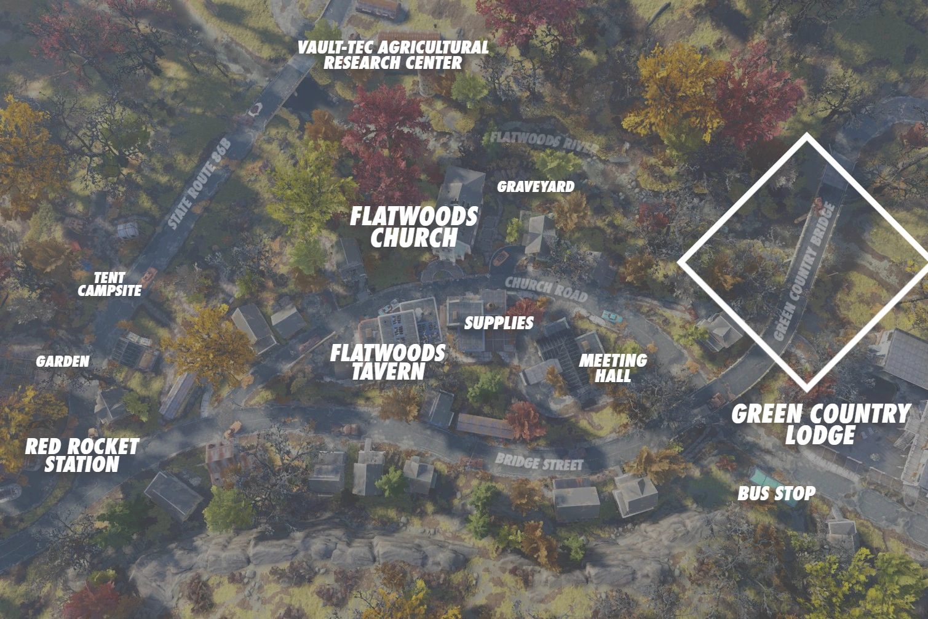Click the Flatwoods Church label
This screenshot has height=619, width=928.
(x=413, y=227)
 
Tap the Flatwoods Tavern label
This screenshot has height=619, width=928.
(x=387, y=362)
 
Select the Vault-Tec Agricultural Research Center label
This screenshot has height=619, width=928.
(x=393, y=55)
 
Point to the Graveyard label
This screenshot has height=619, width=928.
(x=535, y=186)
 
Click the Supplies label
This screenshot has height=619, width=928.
(x=499, y=322)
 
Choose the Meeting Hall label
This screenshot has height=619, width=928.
(x=613, y=367)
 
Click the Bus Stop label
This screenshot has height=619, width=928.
(x=776, y=493)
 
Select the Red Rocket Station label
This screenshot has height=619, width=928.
(x=82, y=455)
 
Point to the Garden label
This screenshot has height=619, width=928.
(x=62, y=361)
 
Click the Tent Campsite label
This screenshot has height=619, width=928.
(x=109, y=284)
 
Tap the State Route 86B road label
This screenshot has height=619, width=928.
(x=199, y=185)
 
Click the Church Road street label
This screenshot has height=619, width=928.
(x=546, y=289)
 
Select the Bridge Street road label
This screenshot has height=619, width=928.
(x=538, y=462)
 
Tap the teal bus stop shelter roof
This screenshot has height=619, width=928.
(x=761, y=476)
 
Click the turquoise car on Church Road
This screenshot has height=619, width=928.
(x=611, y=316)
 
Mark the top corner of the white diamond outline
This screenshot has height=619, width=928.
(x=806, y=135)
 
